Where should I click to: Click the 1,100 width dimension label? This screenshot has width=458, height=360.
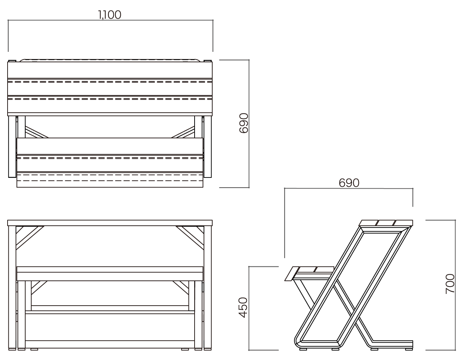(x=110, y=15)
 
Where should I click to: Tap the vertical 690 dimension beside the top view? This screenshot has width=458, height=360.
(x=244, y=123)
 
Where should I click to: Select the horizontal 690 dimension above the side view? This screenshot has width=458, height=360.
(x=349, y=183)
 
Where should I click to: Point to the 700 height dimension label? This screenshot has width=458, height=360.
(x=450, y=284)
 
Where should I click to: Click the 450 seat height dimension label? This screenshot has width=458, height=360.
(x=243, y=307)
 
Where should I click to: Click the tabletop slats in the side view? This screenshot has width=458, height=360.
(x=386, y=223)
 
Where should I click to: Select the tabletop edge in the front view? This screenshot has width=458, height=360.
(x=110, y=223)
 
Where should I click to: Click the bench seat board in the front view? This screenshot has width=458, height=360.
(x=110, y=274)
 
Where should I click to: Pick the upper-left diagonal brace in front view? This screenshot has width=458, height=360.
(x=30, y=238)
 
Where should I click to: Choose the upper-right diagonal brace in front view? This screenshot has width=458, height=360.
(x=190, y=238)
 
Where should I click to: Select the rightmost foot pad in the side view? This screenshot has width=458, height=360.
(x=409, y=349)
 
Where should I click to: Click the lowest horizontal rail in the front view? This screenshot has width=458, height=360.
(x=110, y=344)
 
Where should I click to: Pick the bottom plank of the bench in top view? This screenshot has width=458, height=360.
(x=110, y=180)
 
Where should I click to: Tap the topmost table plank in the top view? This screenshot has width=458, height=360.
(x=110, y=70)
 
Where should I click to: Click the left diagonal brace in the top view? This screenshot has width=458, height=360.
(x=37, y=132)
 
